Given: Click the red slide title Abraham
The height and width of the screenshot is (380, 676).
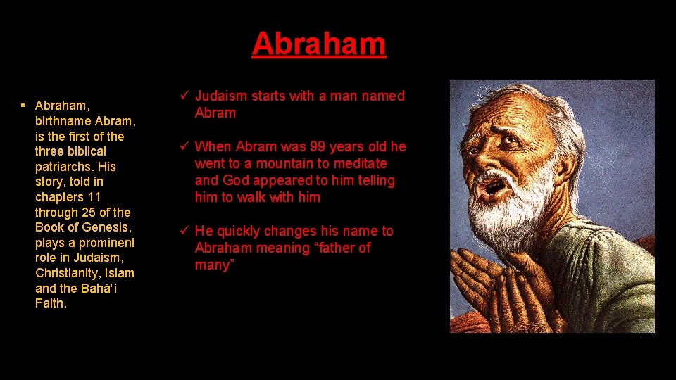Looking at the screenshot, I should tap(319, 44).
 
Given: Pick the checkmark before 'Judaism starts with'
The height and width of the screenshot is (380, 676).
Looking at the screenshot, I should tap(185, 96).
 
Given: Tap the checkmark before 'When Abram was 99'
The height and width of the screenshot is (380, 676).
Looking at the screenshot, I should tap(185, 146).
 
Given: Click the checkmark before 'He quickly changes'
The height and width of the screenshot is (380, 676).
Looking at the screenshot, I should tap(185, 231).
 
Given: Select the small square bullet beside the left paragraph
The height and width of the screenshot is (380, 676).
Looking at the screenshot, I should tap(23, 106).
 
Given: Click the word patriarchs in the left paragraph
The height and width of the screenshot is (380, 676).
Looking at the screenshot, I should tap(65, 167).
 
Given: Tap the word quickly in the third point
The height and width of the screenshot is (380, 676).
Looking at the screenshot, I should tap(239, 231).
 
